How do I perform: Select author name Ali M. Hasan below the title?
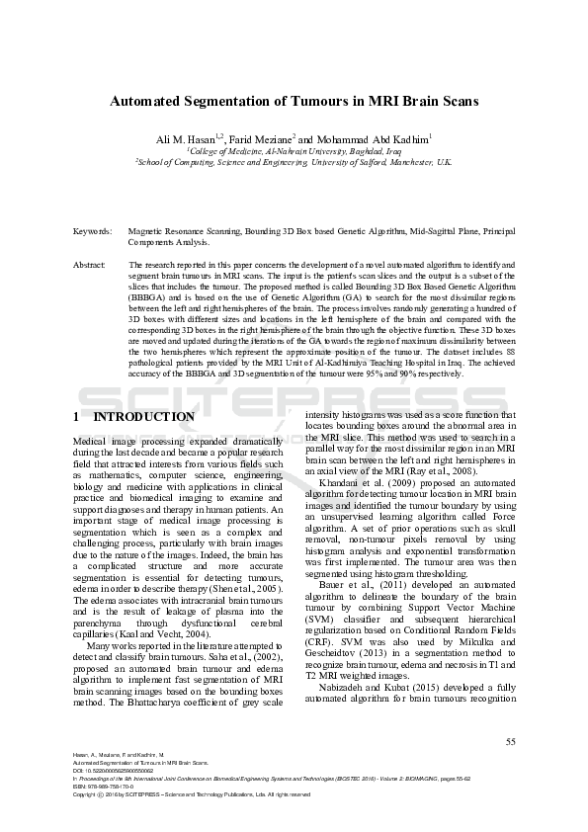[x=185, y=139]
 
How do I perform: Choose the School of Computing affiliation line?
[x=294, y=162]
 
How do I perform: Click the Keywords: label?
[x=92, y=230]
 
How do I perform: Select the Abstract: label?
[x=90, y=265]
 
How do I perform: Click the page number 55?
[x=510, y=741]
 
